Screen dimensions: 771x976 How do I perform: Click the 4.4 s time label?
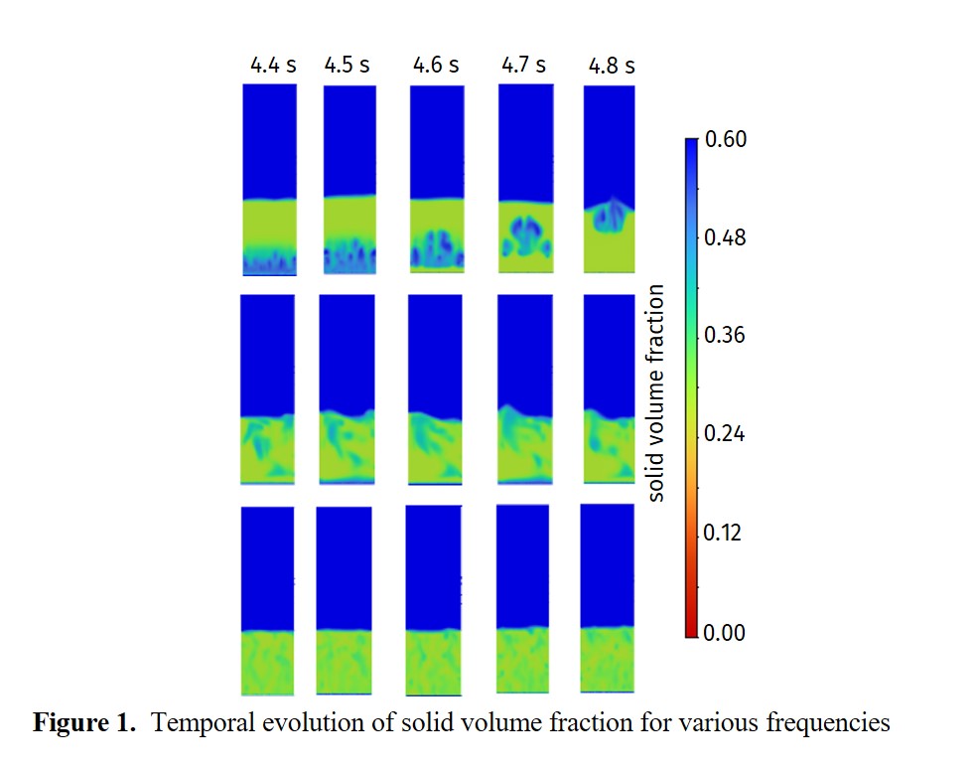point(272,67)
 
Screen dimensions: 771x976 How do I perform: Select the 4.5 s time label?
point(347,67)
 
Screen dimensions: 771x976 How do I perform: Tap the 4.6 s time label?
point(436,67)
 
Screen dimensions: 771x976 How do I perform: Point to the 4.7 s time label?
point(522,66)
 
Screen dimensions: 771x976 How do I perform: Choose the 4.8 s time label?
point(611,67)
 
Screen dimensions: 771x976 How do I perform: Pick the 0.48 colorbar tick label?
point(725,238)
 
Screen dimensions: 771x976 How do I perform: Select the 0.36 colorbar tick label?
point(725,336)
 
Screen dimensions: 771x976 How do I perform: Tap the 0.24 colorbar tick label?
point(725,434)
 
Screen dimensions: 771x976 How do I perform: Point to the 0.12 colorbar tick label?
point(725,533)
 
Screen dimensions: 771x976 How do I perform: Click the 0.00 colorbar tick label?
point(725,632)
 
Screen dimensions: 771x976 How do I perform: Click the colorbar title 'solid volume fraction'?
point(655,392)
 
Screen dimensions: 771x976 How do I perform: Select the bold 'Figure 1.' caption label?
point(84,723)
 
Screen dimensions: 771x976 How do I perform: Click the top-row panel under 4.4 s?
point(270,179)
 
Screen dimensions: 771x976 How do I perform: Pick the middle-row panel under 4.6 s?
point(435,389)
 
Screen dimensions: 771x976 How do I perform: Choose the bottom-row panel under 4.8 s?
point(606,598)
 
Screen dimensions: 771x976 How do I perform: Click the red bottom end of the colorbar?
point(692,626)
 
